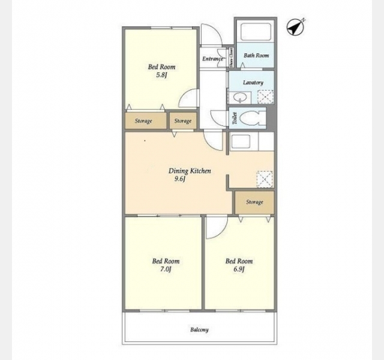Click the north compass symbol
tap(295, 28)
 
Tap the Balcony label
tap(199, 329)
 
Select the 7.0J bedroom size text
tap(166, 269)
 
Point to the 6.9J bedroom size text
tap(239, 269)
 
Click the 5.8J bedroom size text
tap(161, 75)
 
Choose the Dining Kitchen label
tap(190, 170)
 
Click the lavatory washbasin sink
tap(240, 98)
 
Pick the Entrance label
tap(212, 59)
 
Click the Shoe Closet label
tap(231, 58)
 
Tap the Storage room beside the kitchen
tap(254, 202)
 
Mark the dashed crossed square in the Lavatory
tap(265, 97)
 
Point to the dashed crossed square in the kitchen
tap(265, 179)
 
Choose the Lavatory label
tap(253, 83)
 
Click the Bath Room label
tap(256, 56)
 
